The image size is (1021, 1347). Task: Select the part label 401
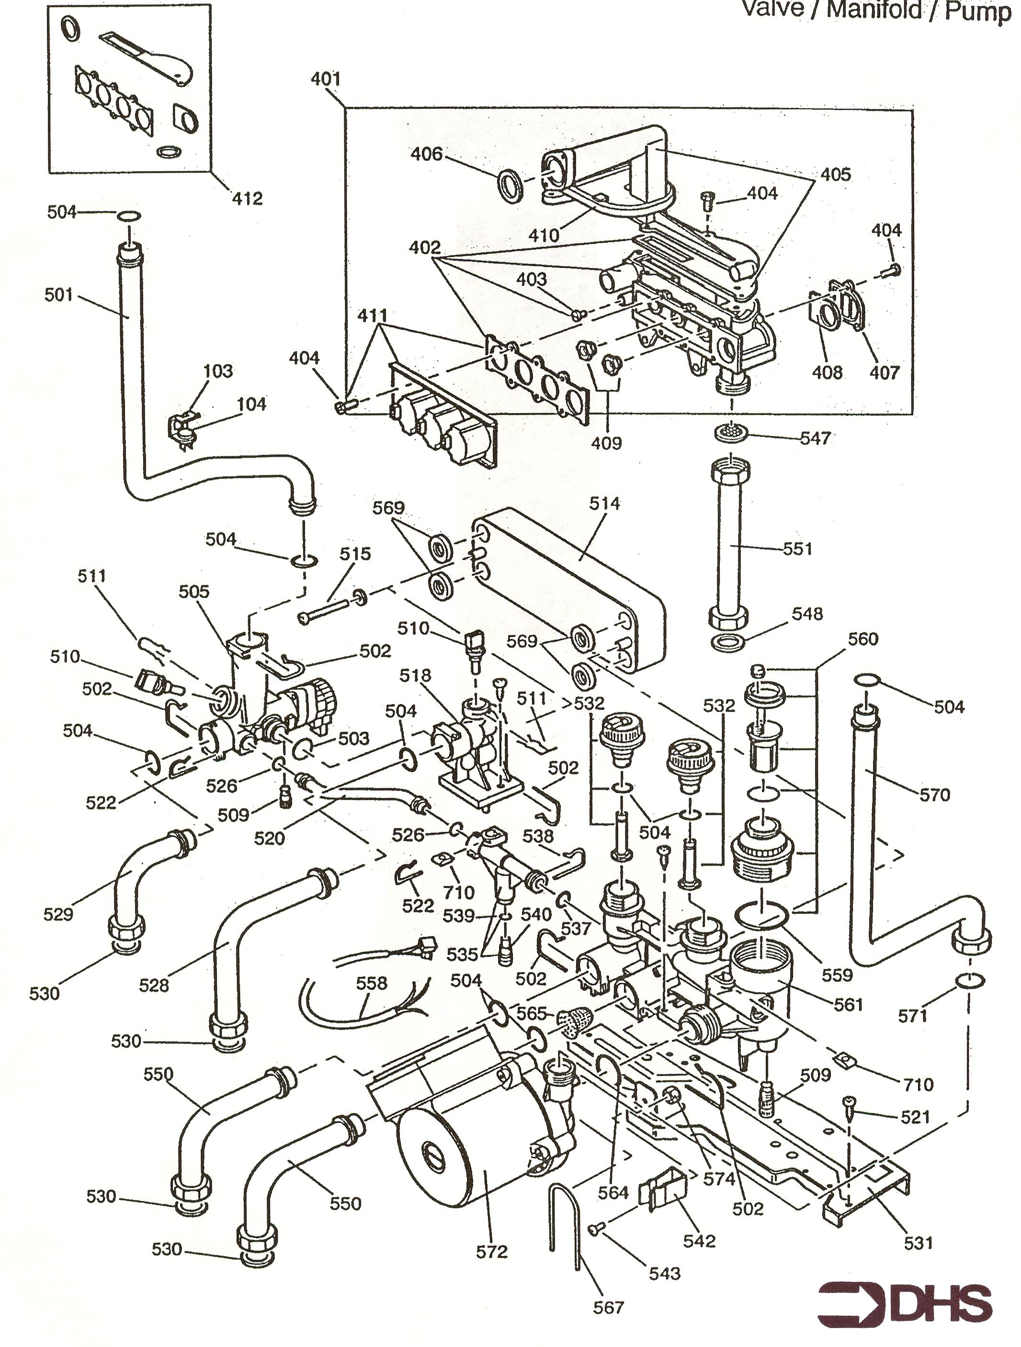pos(326,79)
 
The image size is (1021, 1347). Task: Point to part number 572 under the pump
pos(492,1251)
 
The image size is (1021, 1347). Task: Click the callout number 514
pos(604,503)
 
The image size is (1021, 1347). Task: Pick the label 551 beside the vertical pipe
pos(797,549)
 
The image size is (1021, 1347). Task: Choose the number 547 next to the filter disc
pos(815,438)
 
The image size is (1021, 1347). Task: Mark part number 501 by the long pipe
pos(58,295)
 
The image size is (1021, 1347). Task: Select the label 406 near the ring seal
pos(426,154)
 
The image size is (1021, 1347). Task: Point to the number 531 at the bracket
pos(918,1242)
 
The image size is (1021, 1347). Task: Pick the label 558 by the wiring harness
pos(372,983)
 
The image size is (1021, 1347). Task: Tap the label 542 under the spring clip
pos(699,1240)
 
